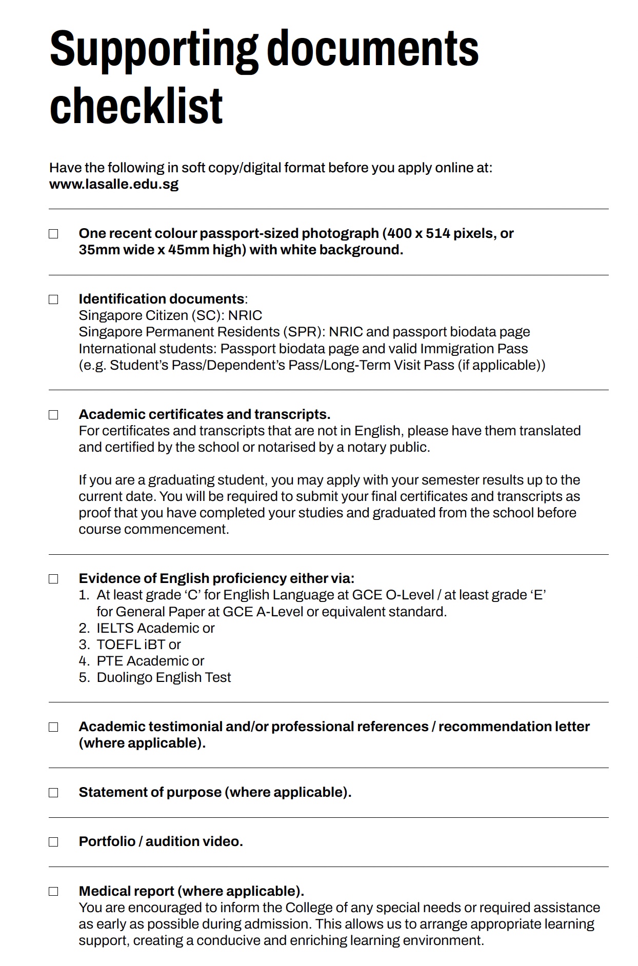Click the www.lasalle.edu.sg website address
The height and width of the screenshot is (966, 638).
[x=114, y=184]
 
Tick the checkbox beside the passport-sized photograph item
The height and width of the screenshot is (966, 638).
[x=53, y=234]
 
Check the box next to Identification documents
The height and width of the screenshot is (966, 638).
[x=53, y=299]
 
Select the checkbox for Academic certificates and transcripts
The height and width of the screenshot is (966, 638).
[x=53, y=415]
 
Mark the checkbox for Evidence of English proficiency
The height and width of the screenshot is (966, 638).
[x=53, y=579]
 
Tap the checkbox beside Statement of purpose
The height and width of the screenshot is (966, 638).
[x=53, y=793]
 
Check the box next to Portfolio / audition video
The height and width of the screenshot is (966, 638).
[x=53, y=842]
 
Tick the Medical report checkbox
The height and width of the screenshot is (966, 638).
[x=53, y=891]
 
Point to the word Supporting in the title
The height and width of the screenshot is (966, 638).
[x=153, y=50]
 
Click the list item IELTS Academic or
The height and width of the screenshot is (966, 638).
[x=155, y=628]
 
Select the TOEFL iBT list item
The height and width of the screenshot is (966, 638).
[x=138, y=645]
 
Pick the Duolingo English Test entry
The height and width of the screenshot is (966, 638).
[x=164, y=677]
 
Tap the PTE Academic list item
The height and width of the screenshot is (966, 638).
[x=150, y=661]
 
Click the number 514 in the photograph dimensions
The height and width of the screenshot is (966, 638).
[x=437, y=234]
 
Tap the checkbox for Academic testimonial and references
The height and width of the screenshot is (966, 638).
[x=53, y=727]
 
